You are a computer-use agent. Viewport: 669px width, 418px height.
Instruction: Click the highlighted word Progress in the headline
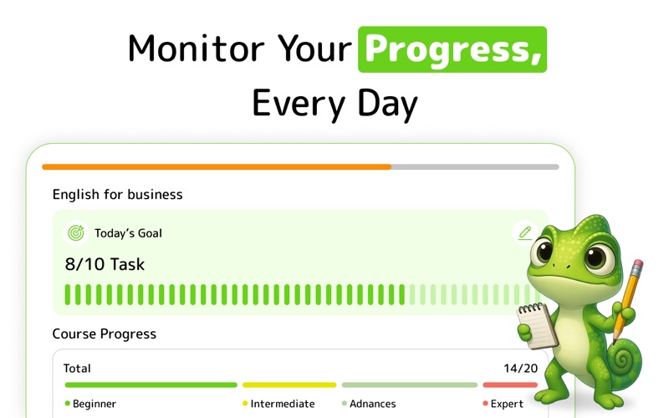tap(452, 49)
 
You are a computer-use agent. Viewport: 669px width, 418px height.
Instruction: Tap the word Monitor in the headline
tap(196, 48)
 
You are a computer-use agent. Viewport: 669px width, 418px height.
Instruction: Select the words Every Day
tap(335, 104)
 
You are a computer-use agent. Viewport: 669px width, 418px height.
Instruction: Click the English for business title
tap(117, 195)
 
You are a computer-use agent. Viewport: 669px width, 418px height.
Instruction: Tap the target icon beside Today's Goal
tap(76, 233)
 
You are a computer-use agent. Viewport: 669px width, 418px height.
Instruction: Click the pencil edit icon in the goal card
tap(525, 233)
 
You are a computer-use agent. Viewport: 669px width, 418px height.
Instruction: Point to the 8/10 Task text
tap(105, 264)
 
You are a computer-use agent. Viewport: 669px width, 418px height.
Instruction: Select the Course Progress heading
tap(104, 334)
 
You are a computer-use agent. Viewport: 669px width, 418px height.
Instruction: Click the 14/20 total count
tap(520, 368)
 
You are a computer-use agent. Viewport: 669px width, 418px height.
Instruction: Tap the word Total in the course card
tap(77, 368)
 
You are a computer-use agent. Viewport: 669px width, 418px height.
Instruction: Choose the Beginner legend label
tap(94, 404)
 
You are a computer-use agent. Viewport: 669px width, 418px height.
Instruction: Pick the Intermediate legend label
tap(283, 404)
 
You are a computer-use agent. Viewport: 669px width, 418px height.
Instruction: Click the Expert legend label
tap(507, 404)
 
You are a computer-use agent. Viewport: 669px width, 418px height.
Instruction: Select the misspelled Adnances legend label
tap(372, 404)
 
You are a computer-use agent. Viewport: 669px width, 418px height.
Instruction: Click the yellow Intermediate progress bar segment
tap(289, 385)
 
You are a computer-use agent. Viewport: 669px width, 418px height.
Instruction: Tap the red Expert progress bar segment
tap(510, 385)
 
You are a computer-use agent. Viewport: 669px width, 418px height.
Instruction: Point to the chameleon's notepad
tap(536, 325)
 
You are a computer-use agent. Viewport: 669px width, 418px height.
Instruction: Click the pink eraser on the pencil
tap(637, 266)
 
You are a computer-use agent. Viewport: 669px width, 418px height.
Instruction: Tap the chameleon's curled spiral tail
tap(624, 359)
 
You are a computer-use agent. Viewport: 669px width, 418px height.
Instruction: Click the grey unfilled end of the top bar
tap(475, 167)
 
